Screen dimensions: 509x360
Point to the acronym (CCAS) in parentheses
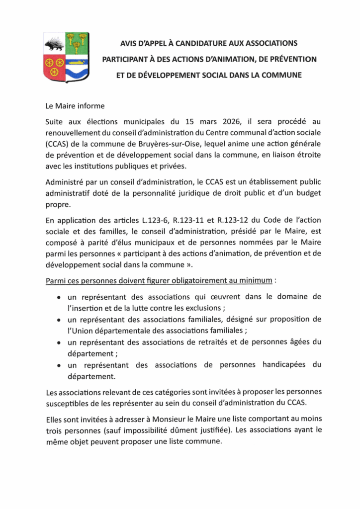click(60, 144)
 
